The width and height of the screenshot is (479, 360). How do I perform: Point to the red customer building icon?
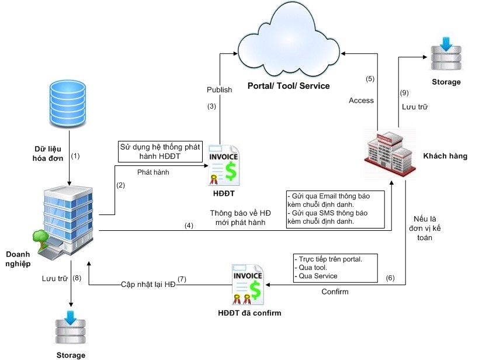point(390,151)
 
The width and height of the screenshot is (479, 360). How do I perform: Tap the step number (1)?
point(75,156)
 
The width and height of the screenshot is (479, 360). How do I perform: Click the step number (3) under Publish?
point(212,106)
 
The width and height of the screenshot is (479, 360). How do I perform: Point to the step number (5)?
point(370,79)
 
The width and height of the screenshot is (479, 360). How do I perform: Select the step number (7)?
point(182,279)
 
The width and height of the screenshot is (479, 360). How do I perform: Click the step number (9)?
point(404,92)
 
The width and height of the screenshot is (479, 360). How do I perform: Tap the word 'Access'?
point(361,101)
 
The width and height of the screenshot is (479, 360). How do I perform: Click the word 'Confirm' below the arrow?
point(335,291)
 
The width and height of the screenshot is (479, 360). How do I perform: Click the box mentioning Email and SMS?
point(335,209)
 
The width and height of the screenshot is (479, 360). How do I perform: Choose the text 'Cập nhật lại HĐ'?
point(148,284)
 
